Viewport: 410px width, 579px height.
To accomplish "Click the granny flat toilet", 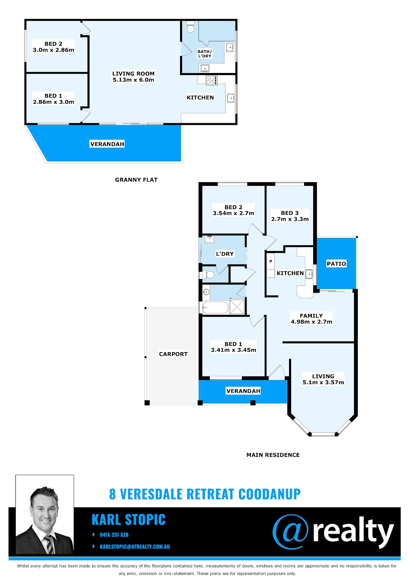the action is pos(190,27).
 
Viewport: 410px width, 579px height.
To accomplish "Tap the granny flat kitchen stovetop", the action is pos(211,80).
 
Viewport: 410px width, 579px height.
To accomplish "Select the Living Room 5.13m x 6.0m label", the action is pos(133,77).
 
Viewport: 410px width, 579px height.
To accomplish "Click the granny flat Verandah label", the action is pos(107,144).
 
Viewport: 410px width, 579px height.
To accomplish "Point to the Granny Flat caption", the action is pos(136,180).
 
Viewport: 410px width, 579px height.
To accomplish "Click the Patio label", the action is pos(336,264).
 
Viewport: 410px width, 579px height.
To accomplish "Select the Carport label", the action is pos(173,354).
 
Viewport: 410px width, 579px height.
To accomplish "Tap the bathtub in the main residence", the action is pos(215,308).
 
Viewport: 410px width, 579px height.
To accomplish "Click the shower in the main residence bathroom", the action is pos(237,307).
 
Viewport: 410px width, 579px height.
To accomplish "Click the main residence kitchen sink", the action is pos(309,274).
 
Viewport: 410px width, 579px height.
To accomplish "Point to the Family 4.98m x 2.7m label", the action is pos(311,319).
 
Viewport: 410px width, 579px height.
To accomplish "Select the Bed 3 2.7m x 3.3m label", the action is pos(290,216).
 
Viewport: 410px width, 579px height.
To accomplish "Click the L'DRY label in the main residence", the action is pos(225,254).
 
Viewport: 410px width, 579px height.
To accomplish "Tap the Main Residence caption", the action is pos(273,455).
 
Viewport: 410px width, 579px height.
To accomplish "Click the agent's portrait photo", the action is pos(45,515).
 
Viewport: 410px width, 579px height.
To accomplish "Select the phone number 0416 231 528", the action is pos(114,535).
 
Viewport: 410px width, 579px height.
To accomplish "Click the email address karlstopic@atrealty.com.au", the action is pos(135,547).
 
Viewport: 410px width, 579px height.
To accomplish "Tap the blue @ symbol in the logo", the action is pos(290,532).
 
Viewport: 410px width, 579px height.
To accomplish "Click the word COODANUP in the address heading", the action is pos(270,494).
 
